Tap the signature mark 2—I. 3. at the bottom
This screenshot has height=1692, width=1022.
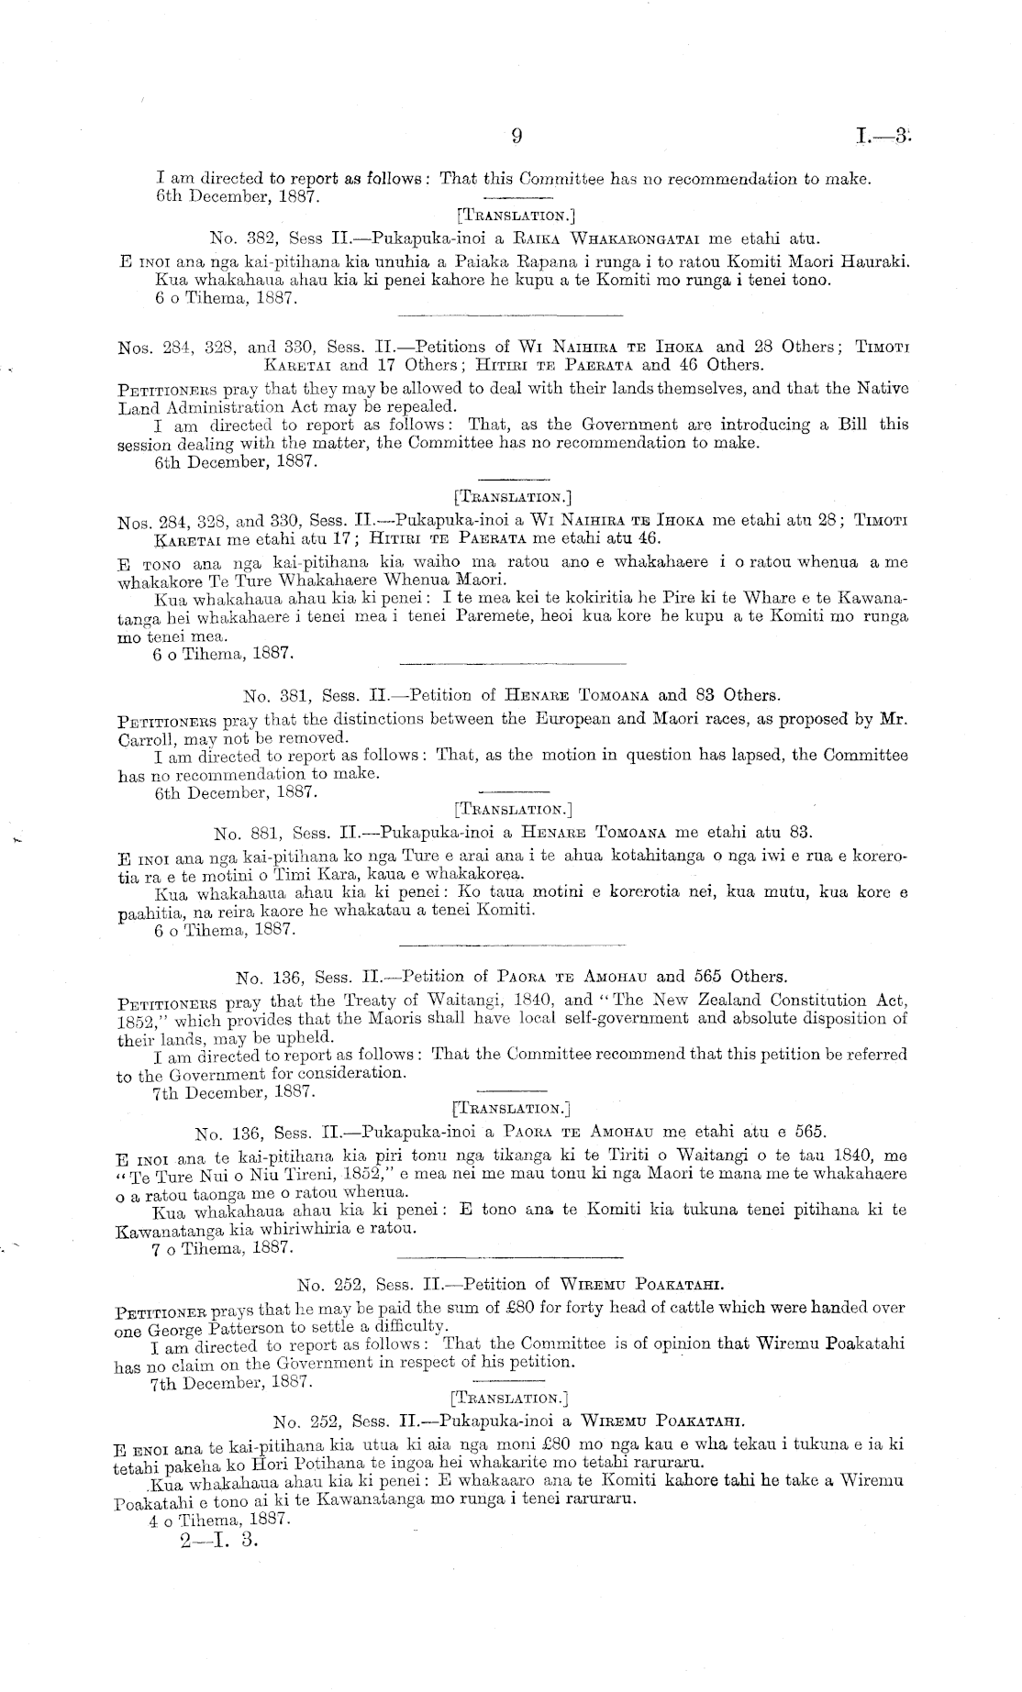(x=221, y=1540)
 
